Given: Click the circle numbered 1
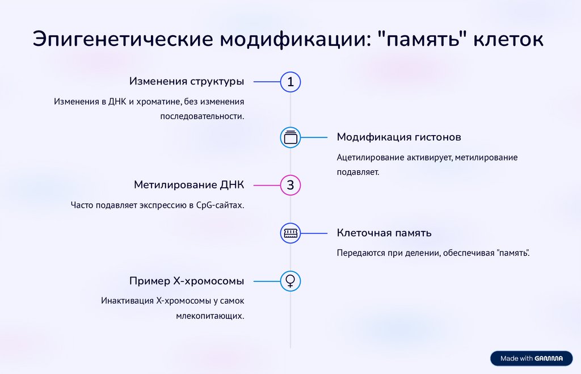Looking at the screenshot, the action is pyautogui.click(x=290, y=82).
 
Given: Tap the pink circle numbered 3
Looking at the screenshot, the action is pyautogui.click(x=290, y=186).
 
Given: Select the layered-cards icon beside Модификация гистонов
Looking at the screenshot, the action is pyautogui.click(x=290, y=137).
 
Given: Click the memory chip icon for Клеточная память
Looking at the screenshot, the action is pyautogui.click(x=290, y=233).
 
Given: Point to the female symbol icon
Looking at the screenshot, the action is pyautogui.click(x=290, y=280).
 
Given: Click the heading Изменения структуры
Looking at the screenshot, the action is pyautogui.click(x=187, y=81).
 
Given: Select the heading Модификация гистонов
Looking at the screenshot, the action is pyautogui.click(x=399, y=137).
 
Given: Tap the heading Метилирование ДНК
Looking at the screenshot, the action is pyautogui.click(x=189, y=185).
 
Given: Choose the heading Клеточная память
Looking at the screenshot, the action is pyautogui.click(x=384, y=233).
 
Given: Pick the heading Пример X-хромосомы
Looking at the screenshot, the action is pyautogui.click(x=187, y=280).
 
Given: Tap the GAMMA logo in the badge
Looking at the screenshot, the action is pyautogui.click(x=549, y=358).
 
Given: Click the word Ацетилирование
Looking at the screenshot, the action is pyautogui.click(x=371, y=157).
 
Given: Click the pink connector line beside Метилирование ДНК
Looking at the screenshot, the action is pyautogui.click(x=267, y=186).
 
